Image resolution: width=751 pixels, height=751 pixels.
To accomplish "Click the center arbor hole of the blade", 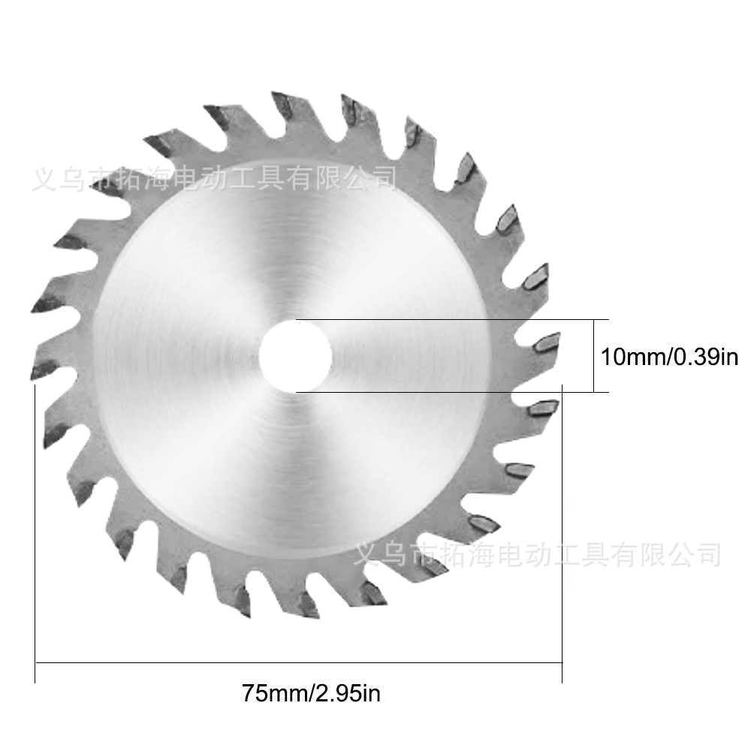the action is click(295, 356).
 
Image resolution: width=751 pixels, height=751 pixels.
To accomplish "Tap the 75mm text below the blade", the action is click(274, 693).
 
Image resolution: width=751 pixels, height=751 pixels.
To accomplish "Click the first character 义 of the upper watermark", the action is click(44, 178).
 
